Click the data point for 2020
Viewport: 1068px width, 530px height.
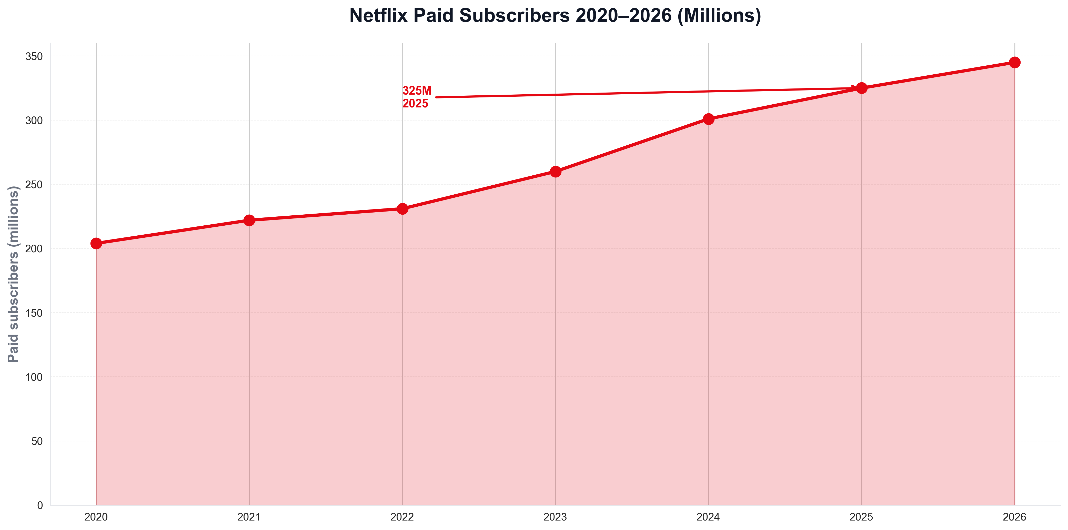coord(96,243)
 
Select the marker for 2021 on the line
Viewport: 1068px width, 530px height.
coord(249,220)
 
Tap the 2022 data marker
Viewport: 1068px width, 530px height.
coord(402,209)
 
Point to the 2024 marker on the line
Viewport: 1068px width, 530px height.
coord(709,119)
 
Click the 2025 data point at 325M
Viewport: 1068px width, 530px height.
coord(862,88)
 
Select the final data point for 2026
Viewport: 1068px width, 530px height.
coord(1014,63)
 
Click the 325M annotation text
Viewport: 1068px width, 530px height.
coord(417,91)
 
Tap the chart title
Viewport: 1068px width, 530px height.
coord(555,16)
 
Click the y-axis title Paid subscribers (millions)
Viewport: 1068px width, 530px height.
coord(13,274)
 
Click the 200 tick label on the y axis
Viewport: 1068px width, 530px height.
coord(34,249)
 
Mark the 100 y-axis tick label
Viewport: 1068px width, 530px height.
coord(34,377)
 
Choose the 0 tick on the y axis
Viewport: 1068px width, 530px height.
coord(40,505)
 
